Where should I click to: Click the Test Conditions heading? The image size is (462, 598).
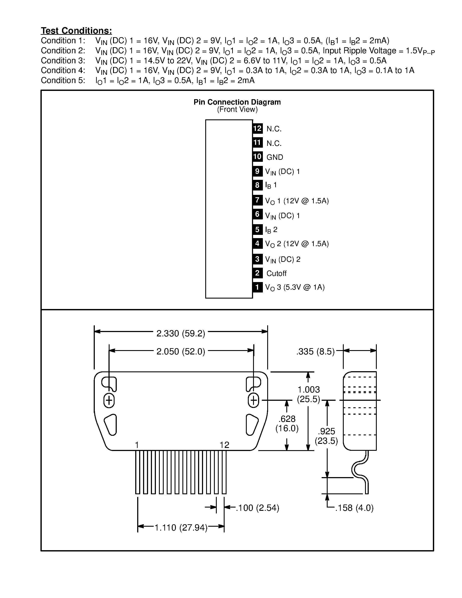tap(76, 31)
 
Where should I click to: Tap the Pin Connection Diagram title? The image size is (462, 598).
tap(237, 102)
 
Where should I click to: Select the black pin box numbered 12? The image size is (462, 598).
tap(257, 129)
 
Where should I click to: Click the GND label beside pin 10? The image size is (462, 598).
tap(275, 157)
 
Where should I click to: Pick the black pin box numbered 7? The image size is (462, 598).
tap(257, 200)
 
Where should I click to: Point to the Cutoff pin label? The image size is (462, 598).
tap(276, 273)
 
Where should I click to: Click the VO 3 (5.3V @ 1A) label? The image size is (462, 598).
tap(295, 287)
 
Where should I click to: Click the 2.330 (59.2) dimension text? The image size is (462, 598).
tap(181, 334)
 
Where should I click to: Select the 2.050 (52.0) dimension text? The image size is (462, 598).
tap(181, 352)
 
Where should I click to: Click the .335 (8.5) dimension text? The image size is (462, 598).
tap(315, 352)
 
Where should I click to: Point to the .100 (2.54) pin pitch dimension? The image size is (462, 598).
tap(257, 508)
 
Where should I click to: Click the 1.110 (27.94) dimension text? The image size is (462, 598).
tap(181, 528)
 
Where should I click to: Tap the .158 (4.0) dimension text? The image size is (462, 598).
tap(354, 508)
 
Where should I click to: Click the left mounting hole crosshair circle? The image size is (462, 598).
tap(109, 401)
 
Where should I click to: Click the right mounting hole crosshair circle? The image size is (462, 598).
tap(254, 401)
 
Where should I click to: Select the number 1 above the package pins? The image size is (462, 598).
tap(137, 445)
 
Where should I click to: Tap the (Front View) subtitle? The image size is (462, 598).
tap(237, 110)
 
